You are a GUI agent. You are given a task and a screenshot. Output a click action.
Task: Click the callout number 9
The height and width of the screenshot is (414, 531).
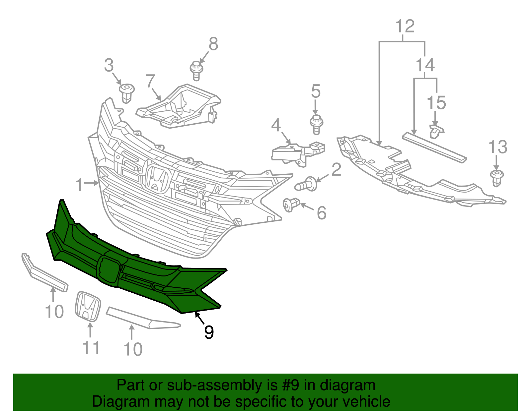(x=209, y=332)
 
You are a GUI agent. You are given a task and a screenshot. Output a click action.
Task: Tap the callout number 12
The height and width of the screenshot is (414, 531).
(x=405, y=26)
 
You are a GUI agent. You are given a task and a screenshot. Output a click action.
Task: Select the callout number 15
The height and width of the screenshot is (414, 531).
(x=436, y=103)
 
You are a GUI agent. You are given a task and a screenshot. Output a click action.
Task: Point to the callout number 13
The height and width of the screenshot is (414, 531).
(x=498, y=147)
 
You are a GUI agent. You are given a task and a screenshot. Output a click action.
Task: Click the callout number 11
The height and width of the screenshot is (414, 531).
(x=91, y=348)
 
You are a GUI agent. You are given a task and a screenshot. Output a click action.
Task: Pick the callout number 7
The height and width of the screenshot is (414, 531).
(x=150, y=81)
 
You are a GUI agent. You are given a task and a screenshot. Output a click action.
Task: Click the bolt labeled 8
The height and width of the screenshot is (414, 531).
(x=196, y=70)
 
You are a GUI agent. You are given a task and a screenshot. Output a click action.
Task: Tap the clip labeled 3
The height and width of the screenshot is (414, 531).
(x=127, y=92)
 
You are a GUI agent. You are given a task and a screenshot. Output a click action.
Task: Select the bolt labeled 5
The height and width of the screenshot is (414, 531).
(x=316, y=124)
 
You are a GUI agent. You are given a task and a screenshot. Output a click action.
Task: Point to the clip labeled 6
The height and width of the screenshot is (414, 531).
(x=291, y=205)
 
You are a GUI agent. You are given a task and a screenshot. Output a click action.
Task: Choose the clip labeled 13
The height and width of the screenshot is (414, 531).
(x=496, y=178)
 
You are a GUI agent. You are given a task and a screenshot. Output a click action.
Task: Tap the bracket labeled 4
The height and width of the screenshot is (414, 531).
(x=297, y=152)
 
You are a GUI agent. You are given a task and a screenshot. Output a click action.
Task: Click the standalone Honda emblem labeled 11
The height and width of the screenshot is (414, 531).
(x=88, y=306)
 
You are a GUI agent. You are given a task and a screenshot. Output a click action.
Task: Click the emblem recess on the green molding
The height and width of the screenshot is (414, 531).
(x=108, y=270)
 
